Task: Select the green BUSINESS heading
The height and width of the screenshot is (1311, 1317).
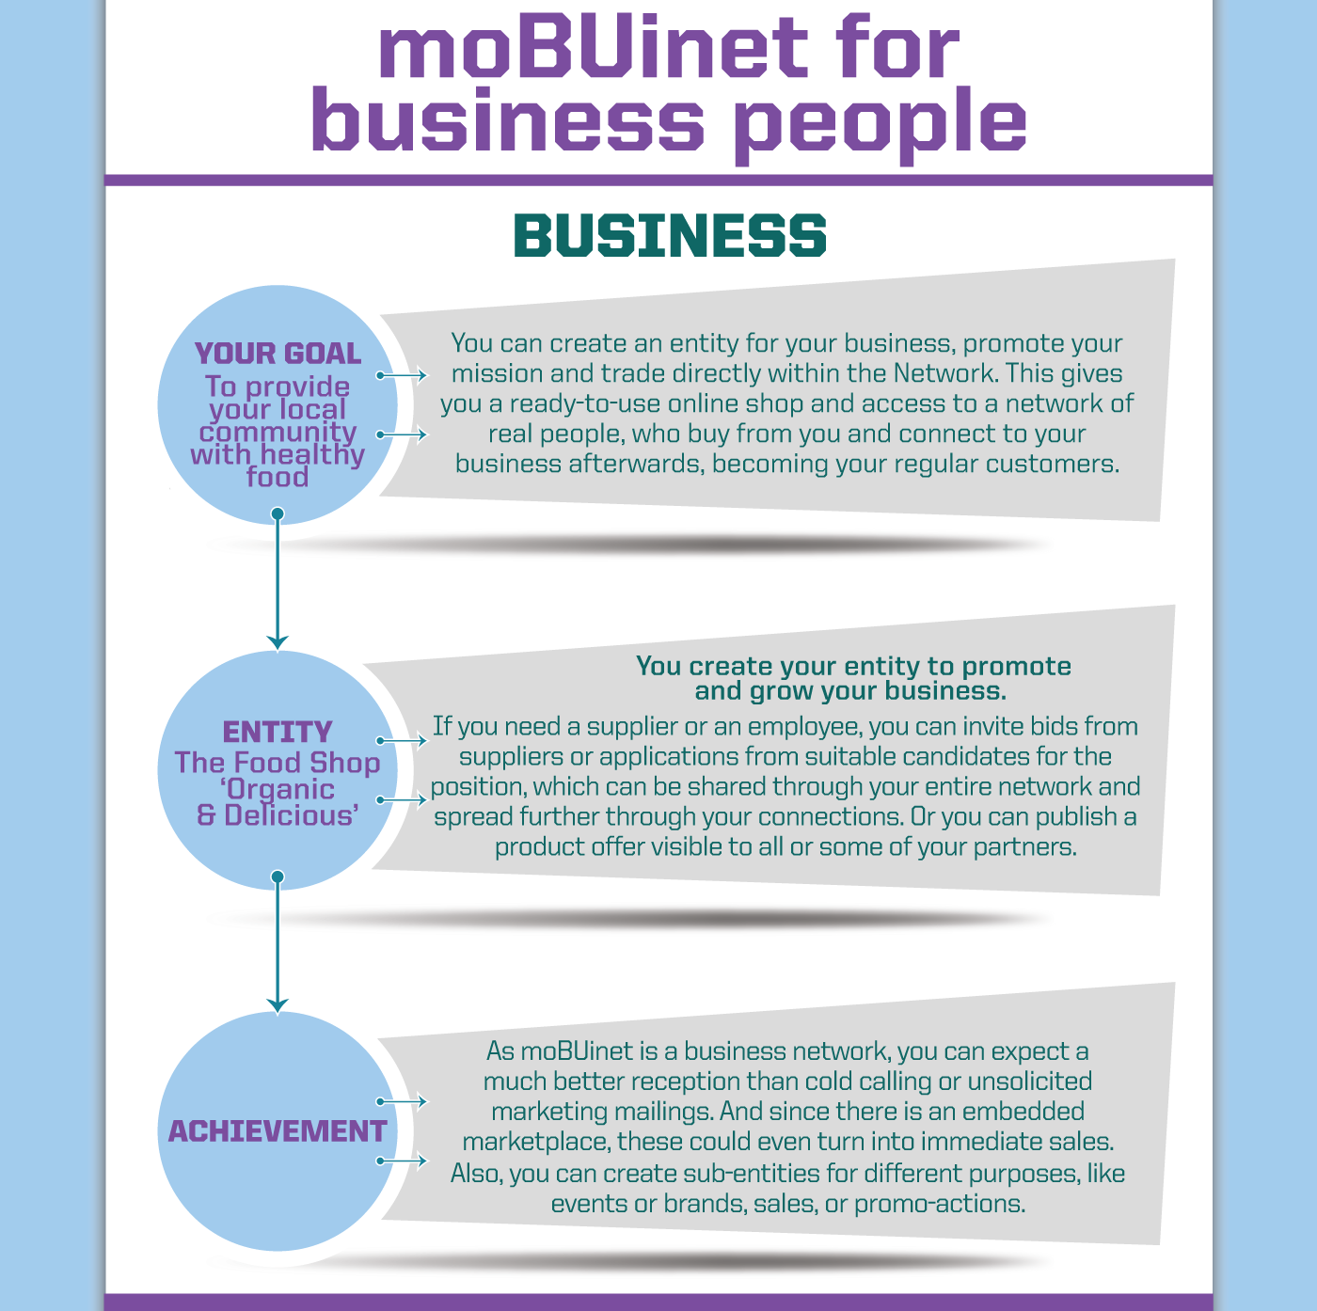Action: click(x=670, y=235)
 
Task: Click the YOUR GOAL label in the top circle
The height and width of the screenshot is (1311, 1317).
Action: click(x=278, y=354)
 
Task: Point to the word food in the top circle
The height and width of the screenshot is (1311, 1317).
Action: click(x=278, y=477)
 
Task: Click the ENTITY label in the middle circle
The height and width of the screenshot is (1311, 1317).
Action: click(x=278, y=732)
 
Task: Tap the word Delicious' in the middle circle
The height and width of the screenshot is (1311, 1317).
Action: click(x=291, y=815)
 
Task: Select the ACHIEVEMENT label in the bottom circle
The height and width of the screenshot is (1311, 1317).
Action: click(x=278, y=1131)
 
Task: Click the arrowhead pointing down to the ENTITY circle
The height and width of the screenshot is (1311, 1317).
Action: click(x=278, y=641)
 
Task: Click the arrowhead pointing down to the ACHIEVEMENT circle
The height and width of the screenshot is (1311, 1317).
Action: click(x=278, y=1005)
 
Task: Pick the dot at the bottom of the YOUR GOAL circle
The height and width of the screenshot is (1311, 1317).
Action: click(x=278, y=513)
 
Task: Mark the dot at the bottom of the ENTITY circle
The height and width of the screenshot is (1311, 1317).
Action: click(x=278, y=877)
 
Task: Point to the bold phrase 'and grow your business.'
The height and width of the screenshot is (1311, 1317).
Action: click(x=851, y=691)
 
